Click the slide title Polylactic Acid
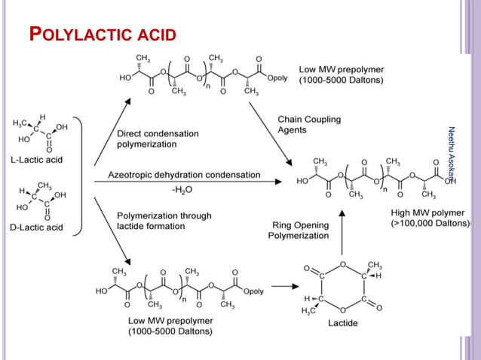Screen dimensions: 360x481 pos(102,35)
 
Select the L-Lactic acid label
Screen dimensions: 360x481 pos(36,160)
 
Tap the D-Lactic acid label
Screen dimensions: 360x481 pos(36,227)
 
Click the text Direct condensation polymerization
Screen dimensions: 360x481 pos(158,139)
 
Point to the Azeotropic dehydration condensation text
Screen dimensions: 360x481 pos(184,175)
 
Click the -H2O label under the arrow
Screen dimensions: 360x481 pos(182,190)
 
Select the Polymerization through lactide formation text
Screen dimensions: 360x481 pos(164,221)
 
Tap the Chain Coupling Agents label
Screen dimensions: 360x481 pos(308,124)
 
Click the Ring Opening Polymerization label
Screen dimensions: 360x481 pos(299,230)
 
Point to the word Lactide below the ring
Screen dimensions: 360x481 pos(343,323)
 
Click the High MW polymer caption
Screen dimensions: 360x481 pos(430,218)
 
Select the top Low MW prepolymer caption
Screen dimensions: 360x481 pos(341,74)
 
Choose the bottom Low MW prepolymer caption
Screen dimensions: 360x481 pos(170,325)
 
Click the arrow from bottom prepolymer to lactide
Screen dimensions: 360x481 pos(283,286)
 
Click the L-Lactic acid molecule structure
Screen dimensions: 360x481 pos(38,134)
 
